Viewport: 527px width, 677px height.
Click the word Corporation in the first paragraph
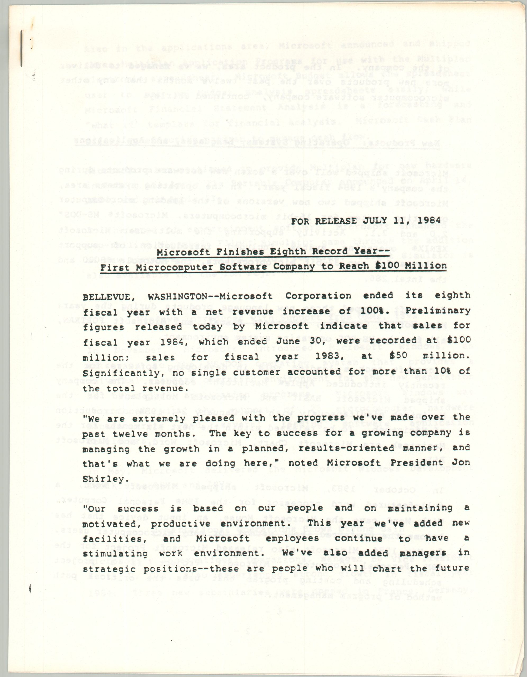(x=318, y=296)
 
